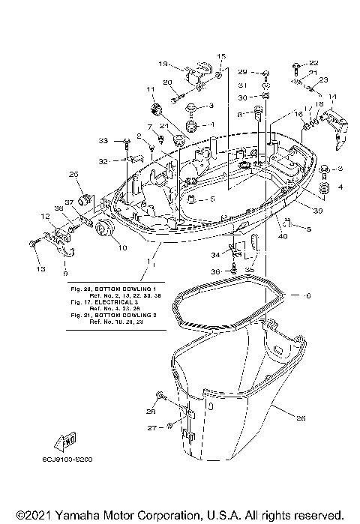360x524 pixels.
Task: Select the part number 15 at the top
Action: (221, 56)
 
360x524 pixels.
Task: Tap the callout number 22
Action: (313, 62)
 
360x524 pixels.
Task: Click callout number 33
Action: (103, 140)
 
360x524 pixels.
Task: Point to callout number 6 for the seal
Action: (306, 295)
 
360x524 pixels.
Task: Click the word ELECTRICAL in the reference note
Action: (102, 302)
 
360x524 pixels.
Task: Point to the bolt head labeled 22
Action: (295, 63)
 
